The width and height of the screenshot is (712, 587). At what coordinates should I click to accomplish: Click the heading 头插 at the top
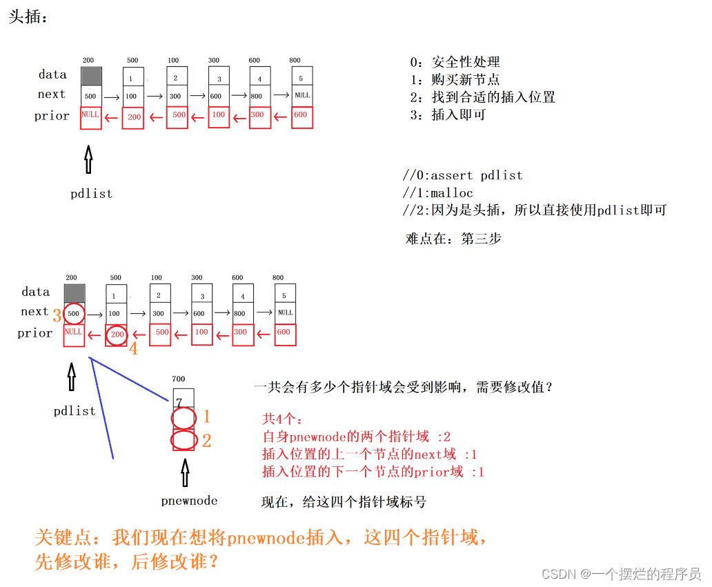[28, 17]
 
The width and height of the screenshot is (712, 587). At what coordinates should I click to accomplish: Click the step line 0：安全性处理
[455, 62]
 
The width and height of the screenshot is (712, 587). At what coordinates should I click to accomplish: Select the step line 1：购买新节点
[455, 80]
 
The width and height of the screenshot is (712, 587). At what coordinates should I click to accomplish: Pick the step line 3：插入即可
[448, 115]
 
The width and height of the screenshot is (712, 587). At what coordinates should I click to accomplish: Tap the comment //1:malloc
[438, 192]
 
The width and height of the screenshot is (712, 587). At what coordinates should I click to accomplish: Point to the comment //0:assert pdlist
[462, 175]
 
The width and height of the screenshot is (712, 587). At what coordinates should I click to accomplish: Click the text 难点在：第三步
[453, 239]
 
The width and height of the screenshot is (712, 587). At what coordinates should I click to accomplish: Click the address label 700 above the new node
[179, 379]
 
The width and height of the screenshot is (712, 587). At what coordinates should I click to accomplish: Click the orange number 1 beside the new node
[206, 417]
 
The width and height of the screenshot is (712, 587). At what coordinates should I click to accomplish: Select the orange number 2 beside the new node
[206, 441]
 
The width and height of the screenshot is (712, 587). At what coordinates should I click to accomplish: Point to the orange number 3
[57, 317]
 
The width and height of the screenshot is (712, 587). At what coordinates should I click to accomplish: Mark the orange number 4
[133, 349]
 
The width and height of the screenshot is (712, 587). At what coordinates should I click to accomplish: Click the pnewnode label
[189, 501]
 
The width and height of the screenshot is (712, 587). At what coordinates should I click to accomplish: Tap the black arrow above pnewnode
[184, 474]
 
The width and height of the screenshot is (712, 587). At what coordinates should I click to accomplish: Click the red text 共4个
[282, 419]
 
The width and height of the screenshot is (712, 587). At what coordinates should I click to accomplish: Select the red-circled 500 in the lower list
[74, 314]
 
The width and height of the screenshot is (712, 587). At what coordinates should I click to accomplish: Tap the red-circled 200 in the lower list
[117, 335]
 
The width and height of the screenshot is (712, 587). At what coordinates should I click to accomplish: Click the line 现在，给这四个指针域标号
[344, 501]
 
